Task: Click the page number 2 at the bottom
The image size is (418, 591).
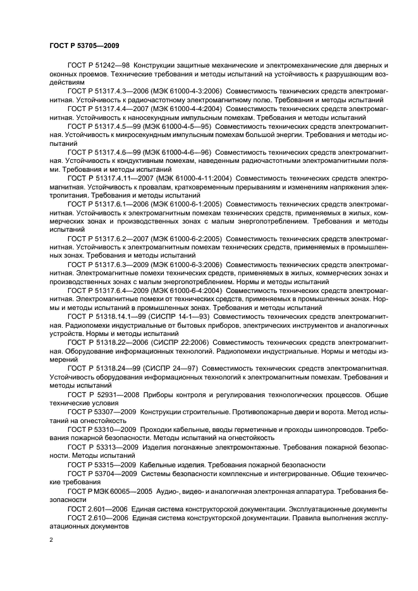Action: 51,540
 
